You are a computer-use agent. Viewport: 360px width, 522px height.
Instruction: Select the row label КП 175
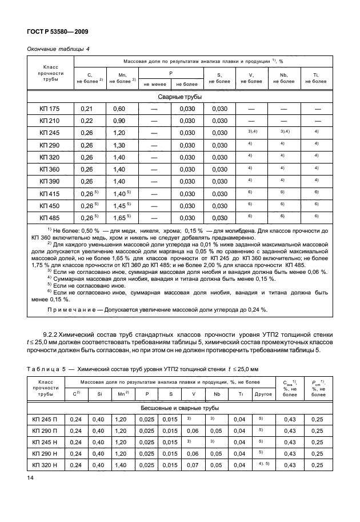pos(50,108)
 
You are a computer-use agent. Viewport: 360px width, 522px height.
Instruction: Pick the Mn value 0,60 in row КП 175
pos(119,108)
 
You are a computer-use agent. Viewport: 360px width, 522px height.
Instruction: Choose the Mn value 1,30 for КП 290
pos(119,145)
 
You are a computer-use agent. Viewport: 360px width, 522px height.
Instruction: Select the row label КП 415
pos(50,194)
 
